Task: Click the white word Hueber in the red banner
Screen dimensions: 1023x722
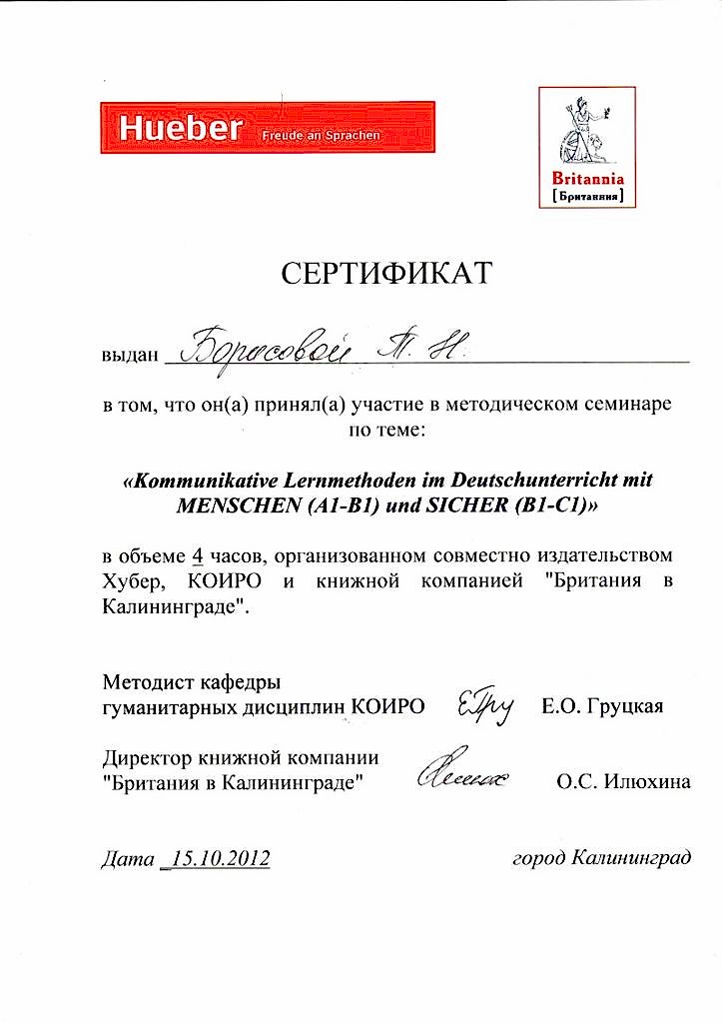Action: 180,128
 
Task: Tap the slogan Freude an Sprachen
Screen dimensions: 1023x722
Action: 321,134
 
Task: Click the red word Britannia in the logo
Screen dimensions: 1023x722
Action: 588,178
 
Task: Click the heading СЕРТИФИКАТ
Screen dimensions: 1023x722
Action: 386,272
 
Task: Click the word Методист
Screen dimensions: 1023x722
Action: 143,683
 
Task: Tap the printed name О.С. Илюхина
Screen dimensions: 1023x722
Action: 622,782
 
